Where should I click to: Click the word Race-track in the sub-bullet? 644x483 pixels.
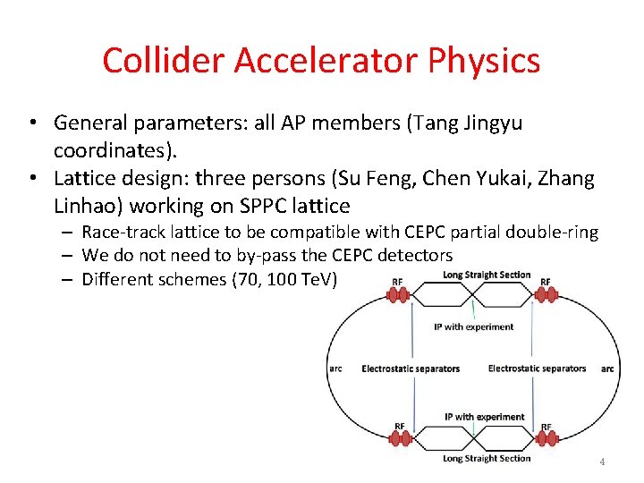click(123, 233)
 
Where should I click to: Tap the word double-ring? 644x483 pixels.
click(553, 233)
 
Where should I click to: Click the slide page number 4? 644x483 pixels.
click(602, 462)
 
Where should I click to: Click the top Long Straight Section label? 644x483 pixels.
click(487, 275)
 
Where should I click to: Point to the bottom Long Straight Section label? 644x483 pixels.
click(487, 459)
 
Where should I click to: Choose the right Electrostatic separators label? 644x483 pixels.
click(537, 369)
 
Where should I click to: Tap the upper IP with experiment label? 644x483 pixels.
click(473, 326)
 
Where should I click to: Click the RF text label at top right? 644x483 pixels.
click(545, 282)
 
